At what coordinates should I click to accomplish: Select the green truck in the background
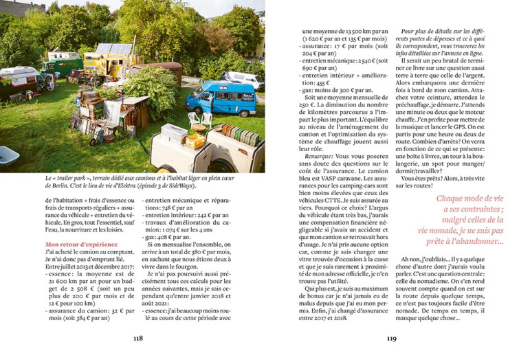62,66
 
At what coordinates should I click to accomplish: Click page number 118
138,337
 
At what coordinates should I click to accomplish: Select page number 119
392,337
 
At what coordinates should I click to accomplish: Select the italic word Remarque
320,156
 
